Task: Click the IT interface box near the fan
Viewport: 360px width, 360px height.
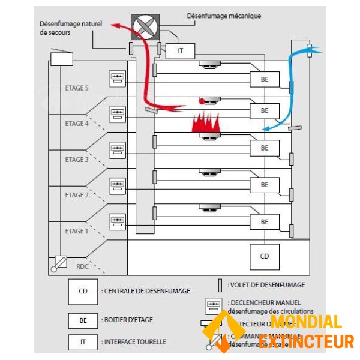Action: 181,51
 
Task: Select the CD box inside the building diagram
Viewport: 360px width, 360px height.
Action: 265,256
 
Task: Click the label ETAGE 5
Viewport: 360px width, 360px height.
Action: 76,88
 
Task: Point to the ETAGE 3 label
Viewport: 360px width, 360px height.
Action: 76,160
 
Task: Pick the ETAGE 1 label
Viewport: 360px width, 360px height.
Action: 76,231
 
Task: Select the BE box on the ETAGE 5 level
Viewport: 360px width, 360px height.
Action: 265,79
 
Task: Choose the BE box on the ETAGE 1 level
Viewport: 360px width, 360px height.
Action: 265,221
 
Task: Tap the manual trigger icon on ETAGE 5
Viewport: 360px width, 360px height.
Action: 117,79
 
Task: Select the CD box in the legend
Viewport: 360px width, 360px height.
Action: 83,291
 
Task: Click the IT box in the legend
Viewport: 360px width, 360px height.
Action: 83,341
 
